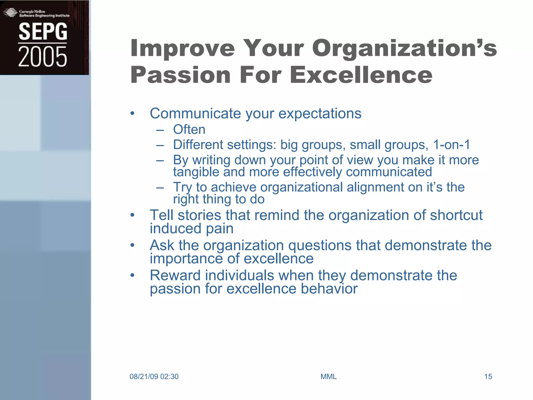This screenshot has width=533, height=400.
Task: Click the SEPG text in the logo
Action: point(43,32)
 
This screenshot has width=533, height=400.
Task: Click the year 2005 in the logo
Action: point(42,57)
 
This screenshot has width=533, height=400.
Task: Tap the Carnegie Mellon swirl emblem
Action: point(10,12)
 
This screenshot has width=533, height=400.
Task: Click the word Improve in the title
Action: point(182,48)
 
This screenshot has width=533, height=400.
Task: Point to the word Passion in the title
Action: point(180,75)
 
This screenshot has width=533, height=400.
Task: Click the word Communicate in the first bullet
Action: point(195,114)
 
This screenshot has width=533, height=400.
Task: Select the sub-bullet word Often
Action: point(189,129)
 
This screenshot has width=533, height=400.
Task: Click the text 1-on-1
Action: point(452,145)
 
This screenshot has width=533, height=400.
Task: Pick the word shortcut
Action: point(456,215)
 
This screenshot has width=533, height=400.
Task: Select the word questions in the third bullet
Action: point(320,245)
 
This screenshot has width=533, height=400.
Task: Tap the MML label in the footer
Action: point(328,377)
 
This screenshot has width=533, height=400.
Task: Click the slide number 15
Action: point(488,377)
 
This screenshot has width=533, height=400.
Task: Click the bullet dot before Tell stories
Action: point(132,215)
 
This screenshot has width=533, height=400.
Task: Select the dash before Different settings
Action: point(160,145)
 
